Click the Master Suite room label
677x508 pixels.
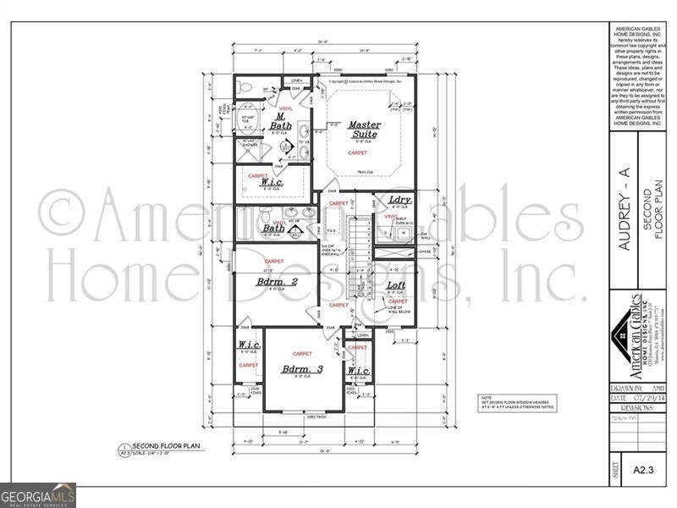coord(365,129)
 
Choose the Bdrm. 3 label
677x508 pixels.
coord(303,369)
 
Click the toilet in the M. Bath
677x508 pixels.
coord(245,87)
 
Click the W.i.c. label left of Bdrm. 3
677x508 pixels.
coord(249,345)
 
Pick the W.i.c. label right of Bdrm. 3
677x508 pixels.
coord(359,370)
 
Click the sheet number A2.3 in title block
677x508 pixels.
coord(641,467)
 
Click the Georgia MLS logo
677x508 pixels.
coord(38,494)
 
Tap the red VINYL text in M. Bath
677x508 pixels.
coord(286,108)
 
